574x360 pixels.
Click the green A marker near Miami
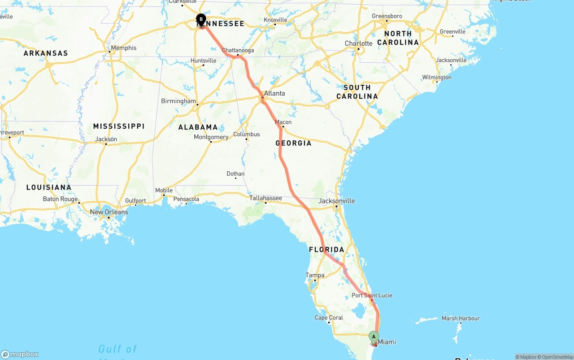[x=374, y=337]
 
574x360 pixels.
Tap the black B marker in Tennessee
[x=201, y=19]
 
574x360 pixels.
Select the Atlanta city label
[x=274, y=94]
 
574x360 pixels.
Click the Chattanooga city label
[x=238, y=50]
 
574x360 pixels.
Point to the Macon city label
[x=283, y=122]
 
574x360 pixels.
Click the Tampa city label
[x=314, y=275]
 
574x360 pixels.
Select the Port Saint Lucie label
[x=372, y=295]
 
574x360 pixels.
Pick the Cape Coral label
[x=329, y=318]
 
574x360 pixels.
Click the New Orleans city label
[x=109, y=212]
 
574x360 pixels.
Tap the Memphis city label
[x=123, y=48]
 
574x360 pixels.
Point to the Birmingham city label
[x=178, y=101]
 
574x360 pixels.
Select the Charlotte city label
[x=358, y=43]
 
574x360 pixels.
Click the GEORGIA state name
[x=293, y=143]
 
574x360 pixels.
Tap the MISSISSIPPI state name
[x=119, y=126]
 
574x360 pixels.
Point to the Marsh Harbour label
[x=461, y=318]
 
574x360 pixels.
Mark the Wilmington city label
[x=436, y=78]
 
